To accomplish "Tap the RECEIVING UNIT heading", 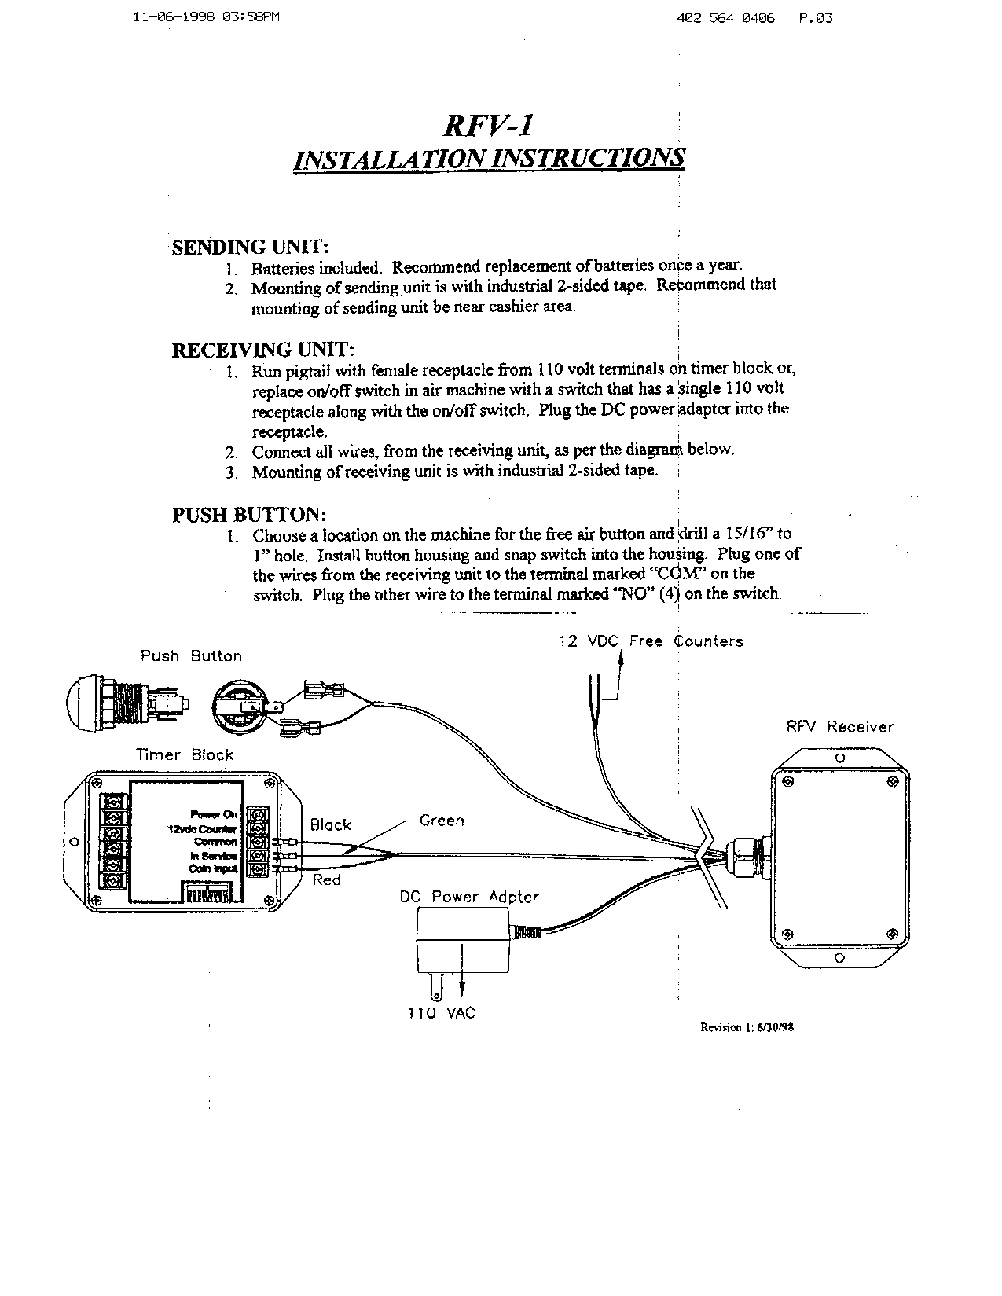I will point(262,350).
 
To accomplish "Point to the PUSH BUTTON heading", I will point(249,515).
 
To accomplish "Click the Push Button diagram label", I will point(191,655).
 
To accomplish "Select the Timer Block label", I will point(185,754).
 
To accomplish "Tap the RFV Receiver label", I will point(840,727).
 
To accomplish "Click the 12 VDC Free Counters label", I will point(651,641).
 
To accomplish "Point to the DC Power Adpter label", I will point(469,897).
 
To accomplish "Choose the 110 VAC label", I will point(442,1013).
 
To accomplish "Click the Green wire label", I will point(442,821).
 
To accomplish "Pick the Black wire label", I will point(330,824).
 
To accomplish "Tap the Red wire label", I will point(326,879).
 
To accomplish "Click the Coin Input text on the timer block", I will point(213,868).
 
